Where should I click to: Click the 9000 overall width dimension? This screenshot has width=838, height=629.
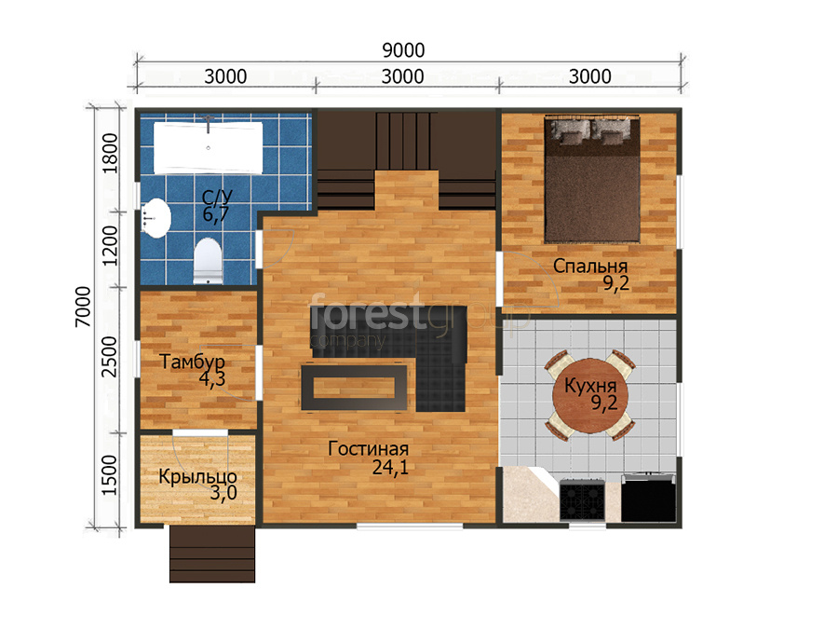pyautogui.click(x=403, y=50)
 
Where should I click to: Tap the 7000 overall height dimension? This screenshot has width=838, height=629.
pyautogui.click(x=83, y=307)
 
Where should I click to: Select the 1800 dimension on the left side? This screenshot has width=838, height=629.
pyautogui.click(x=110, y=153)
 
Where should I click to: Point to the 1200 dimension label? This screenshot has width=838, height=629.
pyautogui.click(x=110, y=245)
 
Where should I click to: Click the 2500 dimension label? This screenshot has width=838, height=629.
pyautogui.click(x=109, y=357)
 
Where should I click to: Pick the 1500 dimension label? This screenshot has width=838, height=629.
pyautogui.click(x=109, y=475)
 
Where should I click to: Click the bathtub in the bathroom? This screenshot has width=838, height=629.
pyautogui.click(x=209, y=147)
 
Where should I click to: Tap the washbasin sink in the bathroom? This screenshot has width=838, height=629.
pyautogui.click(x=156, y=218)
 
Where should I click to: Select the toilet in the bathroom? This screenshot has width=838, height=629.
pyautogui.click(x=208, y=261)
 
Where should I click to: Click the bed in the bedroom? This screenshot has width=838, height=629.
pyautogui.click(x=592, y=179)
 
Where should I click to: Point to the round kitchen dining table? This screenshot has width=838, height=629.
pyautogui.click(x=590, y=395)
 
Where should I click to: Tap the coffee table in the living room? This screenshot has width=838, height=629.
pyautogui.click(x=354, y=388)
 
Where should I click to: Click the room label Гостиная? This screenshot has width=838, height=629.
pyautogui.click(x=368, y=449)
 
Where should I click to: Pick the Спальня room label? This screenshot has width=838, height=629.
pyautogui.click(x=590, y=266)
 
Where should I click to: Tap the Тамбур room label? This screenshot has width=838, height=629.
pyautogui.click(x=193, y=362)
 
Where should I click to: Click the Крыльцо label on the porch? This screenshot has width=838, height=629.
pyautogui.click(x=197, y=476)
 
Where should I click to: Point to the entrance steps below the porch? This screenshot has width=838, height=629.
pyautogui.click(x=212, y=554)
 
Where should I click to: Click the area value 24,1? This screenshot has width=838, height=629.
pyautogui.click(x=390, y=468)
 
